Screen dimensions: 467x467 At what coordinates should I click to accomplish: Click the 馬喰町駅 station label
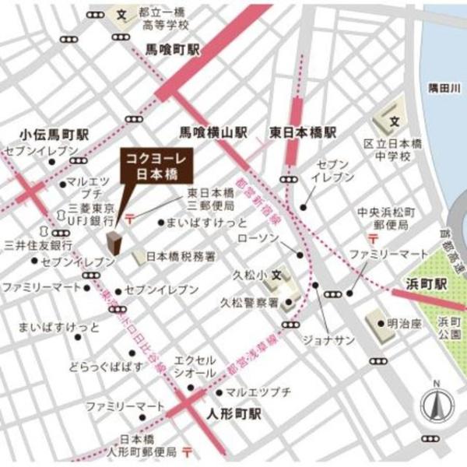173,49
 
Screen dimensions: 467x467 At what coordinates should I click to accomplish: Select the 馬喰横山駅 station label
214,132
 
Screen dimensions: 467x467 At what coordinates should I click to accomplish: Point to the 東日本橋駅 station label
304,132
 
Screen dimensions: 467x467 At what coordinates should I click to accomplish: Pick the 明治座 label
404,321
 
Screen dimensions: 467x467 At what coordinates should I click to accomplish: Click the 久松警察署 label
248,304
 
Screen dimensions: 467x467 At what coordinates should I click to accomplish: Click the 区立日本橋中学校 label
394,150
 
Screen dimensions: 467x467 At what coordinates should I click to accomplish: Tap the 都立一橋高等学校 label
161,19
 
